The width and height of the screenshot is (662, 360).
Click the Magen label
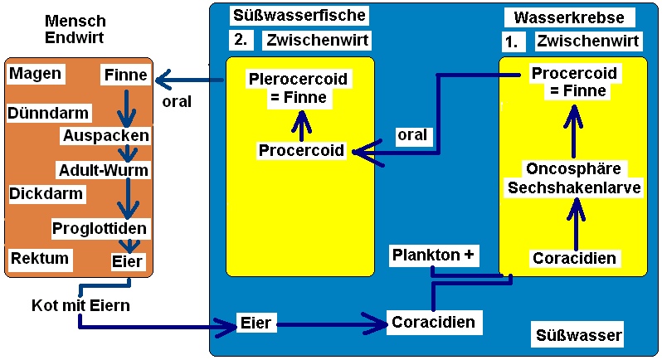pyautogui.click(x=36, y=75)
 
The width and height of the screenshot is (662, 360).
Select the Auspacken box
pyautogui.click(x=105, y=134)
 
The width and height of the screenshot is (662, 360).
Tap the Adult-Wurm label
pyautogui.click(x=103, y=170)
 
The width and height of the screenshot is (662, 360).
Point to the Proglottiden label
pyautogui.click(x=100, y=228)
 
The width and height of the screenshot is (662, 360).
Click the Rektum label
pyautogui.click(x=39, y=259)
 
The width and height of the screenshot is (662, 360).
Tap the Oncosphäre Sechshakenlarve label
pyautogui.click(x=574, y=178)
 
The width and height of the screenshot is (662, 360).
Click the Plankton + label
pyautogui.click(x=436, y=255)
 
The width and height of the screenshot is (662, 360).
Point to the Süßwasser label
pyautogui.click(x=578, y=335)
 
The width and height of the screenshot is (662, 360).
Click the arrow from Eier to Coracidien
pyautogui.click(x=329, y=322)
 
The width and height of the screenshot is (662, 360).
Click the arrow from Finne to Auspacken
pyautogui.click(x=127, y=105)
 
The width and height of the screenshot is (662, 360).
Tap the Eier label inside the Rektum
pyautogui.click(x=127, y=261)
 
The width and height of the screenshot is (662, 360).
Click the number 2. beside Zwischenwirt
pyautogui.click(x=240, y=40)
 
